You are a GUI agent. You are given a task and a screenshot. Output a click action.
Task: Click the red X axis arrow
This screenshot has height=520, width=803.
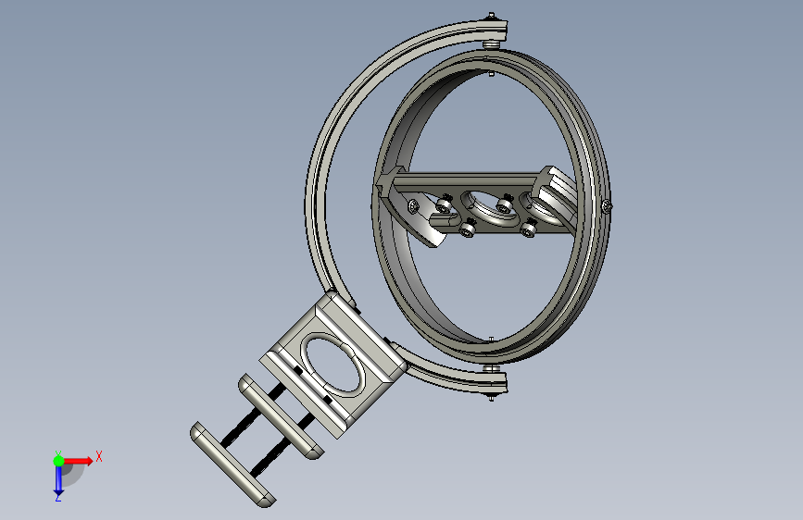(x=78, y=461)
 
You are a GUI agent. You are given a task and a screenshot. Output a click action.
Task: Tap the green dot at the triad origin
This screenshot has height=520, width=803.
(x=58, y=461)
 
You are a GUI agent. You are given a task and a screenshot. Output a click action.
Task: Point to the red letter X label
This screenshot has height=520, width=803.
(x=99, y=456)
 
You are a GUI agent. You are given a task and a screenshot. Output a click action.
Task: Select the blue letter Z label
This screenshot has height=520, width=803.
(x=58, y=497)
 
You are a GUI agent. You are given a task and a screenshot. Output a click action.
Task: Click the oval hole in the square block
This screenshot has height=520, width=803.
(x=334, y=364)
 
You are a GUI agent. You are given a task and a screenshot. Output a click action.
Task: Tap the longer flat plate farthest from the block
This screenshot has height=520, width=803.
(x=232, y=464)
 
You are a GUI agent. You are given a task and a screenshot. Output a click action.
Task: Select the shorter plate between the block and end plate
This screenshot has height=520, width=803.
(x=281, y=416)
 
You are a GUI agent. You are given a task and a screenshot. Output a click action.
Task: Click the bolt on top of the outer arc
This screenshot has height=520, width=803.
(x=492, y=17)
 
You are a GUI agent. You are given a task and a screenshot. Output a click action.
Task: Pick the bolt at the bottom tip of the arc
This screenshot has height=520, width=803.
(x=492, y=397)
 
